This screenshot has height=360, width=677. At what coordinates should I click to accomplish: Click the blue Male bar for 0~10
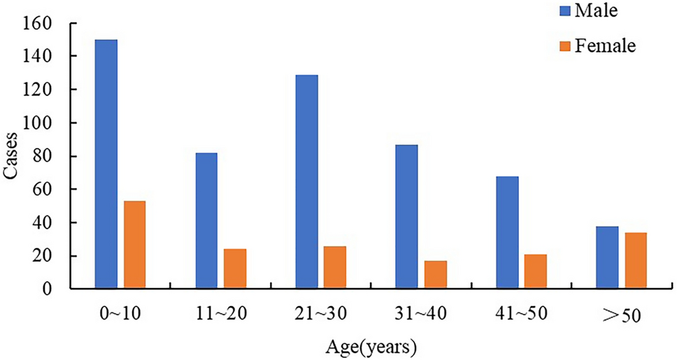(106, 164)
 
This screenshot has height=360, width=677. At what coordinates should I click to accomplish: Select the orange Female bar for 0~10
(134, 245)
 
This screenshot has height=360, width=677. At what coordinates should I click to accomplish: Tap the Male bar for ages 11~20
(206, 220)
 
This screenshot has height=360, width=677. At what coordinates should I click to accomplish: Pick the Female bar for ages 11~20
(234, 268)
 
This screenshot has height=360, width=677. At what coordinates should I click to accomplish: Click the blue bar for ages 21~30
(306, 182)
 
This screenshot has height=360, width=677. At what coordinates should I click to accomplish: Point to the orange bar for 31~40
(435, 275)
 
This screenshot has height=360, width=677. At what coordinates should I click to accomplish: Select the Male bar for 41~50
(507, 232)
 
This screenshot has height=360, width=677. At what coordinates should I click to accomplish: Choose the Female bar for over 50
(636, 260)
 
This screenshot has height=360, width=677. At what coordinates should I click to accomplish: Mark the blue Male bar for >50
(607, 257)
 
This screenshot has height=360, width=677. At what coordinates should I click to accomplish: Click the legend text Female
(605, 47)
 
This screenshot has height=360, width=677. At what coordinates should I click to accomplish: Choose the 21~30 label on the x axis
(320, 313)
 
